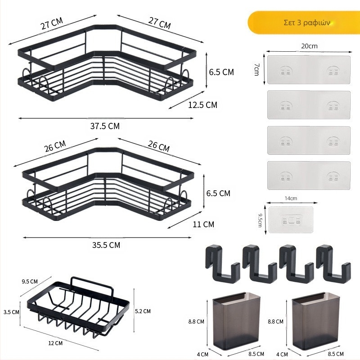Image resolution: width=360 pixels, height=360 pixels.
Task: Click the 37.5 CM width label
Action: tap(105, 126)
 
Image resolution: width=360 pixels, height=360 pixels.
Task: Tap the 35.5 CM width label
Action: tap(106, 245)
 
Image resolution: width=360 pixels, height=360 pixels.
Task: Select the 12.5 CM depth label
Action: tap(202, 105)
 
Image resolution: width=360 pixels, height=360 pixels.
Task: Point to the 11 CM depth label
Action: tap(203, 224)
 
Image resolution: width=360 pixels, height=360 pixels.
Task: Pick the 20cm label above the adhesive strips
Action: tap(309, 46)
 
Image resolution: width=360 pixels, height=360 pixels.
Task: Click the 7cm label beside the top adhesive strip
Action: tap(256, 70)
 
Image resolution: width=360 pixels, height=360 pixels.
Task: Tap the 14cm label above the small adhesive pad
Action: tap(291, 198)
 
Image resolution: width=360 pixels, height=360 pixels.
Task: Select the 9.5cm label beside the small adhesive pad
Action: tap(260, 220)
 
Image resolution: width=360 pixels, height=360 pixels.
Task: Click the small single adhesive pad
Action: tap(291, 220)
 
